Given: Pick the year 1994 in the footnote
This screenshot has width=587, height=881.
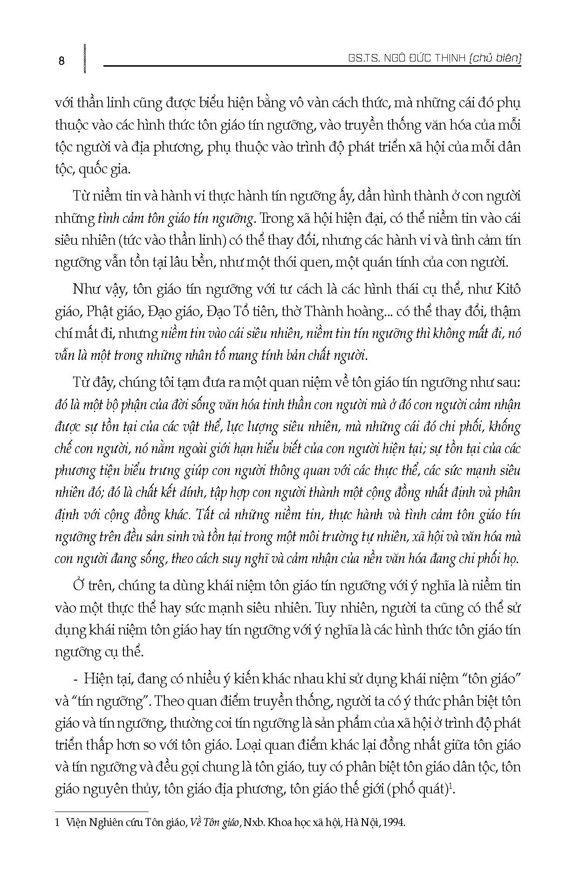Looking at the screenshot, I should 396,823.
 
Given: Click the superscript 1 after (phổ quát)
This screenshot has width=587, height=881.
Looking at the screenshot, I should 452,787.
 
